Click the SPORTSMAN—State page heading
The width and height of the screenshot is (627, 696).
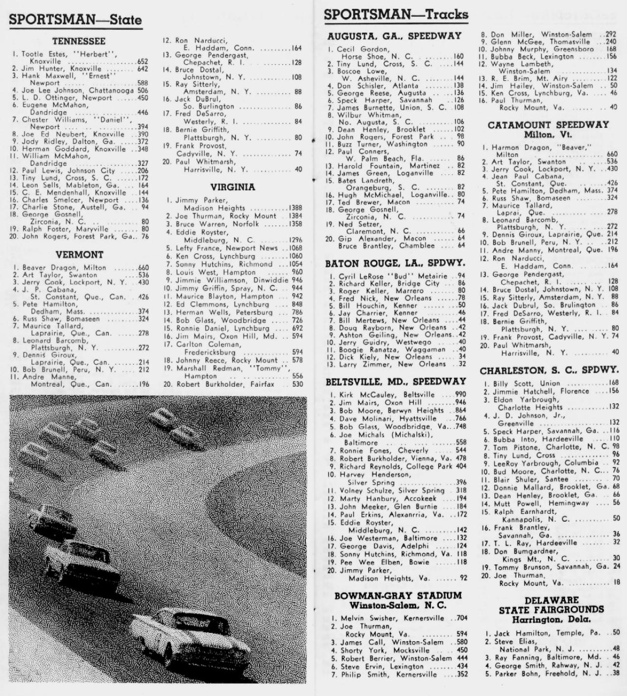[x=75, y=20]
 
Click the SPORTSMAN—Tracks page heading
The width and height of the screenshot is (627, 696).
[x=396, y=15]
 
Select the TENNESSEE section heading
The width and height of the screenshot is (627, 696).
[x=79, y=42]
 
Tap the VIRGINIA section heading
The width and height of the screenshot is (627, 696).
[x=233, y=187]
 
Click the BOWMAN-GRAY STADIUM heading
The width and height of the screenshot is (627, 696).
[x=398, y=596]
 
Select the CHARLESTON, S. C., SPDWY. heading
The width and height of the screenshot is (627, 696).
[x=549, y=371]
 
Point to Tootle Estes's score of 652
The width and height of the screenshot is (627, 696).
[x=143, y=62]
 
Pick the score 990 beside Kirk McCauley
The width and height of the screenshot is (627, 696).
[x=460, y=394]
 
